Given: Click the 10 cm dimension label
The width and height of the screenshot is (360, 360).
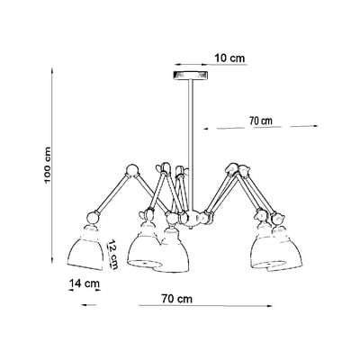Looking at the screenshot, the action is pyautogui.click(x=229, y=58).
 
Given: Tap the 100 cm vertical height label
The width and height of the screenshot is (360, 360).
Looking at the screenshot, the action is pyautogui.click(x=48, y=166).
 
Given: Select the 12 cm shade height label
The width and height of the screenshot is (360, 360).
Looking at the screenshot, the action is pyautogui.click(x=112, y=255).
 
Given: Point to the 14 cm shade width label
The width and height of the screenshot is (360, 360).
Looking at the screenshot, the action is pyautogui.click(x=85, y=283).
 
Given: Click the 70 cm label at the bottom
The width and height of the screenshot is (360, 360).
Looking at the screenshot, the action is pyautogui.click(x=177, y=299).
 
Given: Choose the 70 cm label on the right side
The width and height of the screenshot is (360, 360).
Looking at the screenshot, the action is pyautogui.click(x=261, y=121).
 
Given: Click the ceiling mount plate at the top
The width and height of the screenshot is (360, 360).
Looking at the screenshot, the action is pyautogui.click(x=191, y=75).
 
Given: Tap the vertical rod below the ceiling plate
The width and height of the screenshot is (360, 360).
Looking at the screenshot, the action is pyautogui.click(x=191, y=144).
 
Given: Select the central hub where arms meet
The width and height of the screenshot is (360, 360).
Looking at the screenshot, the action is pyautogui.click(x=191, y=218).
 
